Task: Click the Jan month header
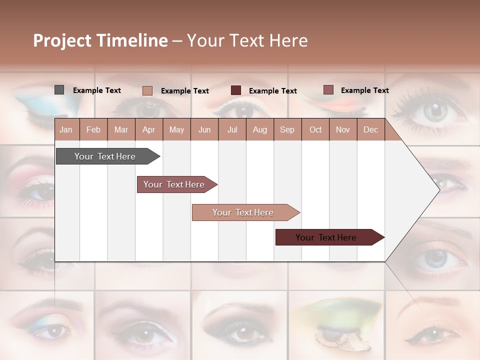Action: [x=66, y=130]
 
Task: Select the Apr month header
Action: [x=148, y=130]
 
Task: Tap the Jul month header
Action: [x=232, y=130]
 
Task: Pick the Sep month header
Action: [x=287, y=130]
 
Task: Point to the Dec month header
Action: [x=370, y=130]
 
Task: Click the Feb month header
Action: [x=93, y=130]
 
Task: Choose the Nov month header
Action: [x=342, y=130]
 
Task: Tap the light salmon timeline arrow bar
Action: [x=244, y=212]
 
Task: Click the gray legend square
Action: [x=59, y=90]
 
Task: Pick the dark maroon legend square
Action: [x=236, y=90]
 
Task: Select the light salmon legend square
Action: [x=147, y=90]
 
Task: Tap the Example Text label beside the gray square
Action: [x=97, y=90]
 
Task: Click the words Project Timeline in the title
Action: [x=100, y=40]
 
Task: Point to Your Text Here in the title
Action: [x=247, y=40]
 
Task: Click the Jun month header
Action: [x=204, y=130]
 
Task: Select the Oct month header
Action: [x=315, y=130]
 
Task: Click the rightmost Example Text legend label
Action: [x=364, y=90]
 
